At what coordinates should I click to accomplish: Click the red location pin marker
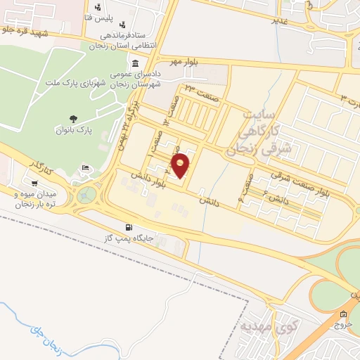click(x=181, y=166)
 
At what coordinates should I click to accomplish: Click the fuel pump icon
click(x=128, y=227)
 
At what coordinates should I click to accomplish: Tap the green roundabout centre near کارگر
click(x=89, y=193)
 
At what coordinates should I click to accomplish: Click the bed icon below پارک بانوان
click(x=85, y=168)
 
